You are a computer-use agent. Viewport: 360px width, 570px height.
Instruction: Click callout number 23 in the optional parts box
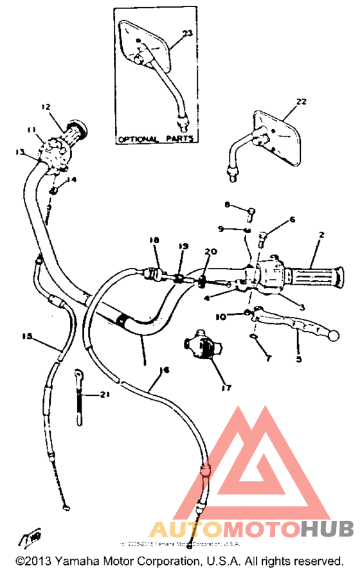pyautogui.click(x=187, y=33)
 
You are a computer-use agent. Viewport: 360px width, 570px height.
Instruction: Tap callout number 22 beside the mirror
pyautogui.click(x=301, y=102)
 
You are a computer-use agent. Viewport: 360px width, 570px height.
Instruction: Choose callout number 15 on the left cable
pyautogui.click(x=27, y=335)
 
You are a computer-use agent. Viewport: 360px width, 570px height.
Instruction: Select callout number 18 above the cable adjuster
pyautogui.click(x=154, y=240)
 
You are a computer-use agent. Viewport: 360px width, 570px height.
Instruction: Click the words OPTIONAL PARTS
pyautogui.click(x=156, y=139)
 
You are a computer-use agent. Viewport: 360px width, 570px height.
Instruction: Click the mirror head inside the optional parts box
pyautogui.click(x=147, y=46)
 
